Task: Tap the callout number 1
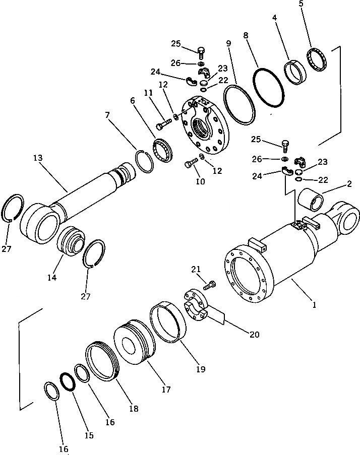(x=315, y=305)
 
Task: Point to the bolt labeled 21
(x=210, y=286)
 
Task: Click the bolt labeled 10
(x=191, y=163)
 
